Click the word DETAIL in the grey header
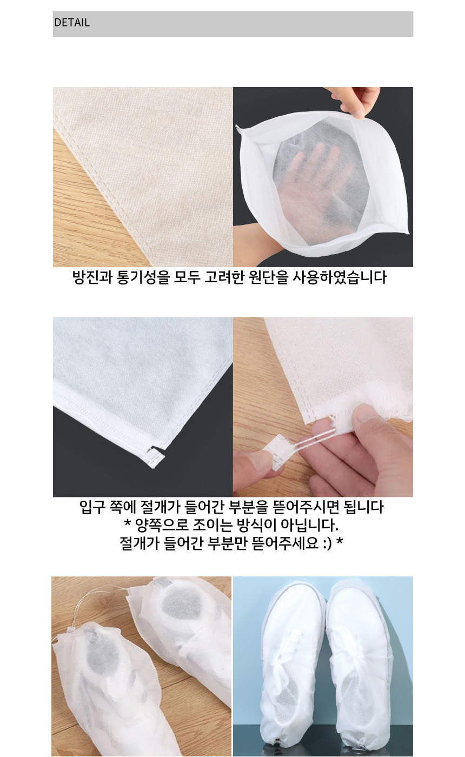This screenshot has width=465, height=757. pyautogui.click(x=71, y=23)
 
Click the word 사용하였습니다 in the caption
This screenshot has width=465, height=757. pyautogui.click(x=339, y=277)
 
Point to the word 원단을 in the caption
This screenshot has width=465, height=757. pyautogui.click(x=268, y=277)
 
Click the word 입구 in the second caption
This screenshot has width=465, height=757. pyautogui.click(x=92, y=507)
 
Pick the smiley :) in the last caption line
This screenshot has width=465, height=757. pyautogui.click(x=327, y=543)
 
